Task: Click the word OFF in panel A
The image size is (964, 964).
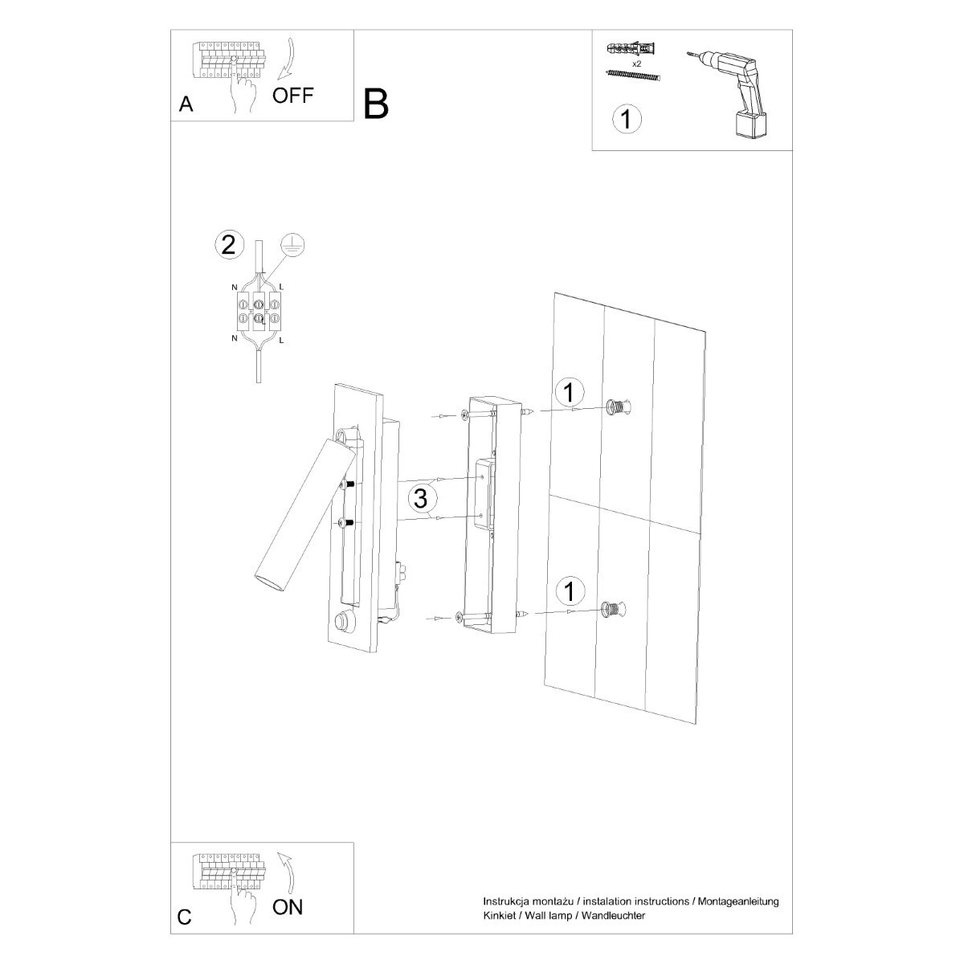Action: [x=292, y=96]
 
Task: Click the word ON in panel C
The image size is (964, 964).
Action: [x=288, y=908]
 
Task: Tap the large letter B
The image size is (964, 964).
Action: [x=376, y=104]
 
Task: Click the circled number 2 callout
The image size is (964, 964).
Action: [x=228, y=244]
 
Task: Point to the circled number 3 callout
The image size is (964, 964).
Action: [x=419, y=498]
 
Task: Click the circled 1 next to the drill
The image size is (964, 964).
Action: [x=627, y=119]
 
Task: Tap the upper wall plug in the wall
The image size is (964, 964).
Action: [x=619, y=407]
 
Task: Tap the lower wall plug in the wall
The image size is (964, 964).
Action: [x=613, y=610]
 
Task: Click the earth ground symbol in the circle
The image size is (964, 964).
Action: [x=293, y=247]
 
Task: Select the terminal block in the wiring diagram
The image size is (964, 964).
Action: [x=259, y=312]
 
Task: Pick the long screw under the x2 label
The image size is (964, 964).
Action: [x=632, y=76]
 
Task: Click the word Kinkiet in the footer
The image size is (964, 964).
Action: [x=498, y=915]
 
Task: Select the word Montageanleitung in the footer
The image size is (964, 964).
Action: [x=738, y=902]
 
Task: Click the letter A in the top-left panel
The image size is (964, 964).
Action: [x=186, y=104]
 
